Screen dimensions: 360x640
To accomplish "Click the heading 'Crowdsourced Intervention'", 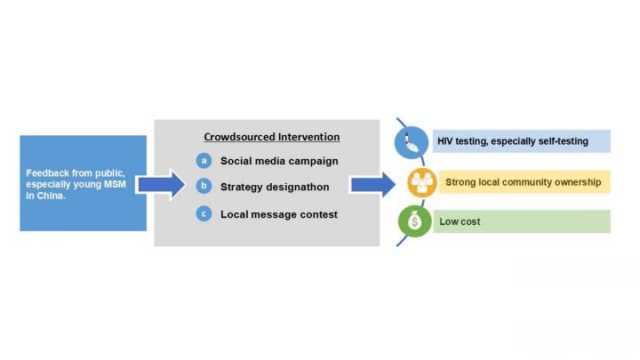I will tap(272, 137).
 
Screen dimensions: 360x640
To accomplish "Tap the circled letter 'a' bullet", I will tap(204, 161).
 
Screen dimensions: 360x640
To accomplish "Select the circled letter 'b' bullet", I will tap(204, 187).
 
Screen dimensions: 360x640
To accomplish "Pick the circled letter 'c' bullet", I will tap(204, 213).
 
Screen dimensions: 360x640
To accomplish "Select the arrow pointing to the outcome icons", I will tap(372, 184).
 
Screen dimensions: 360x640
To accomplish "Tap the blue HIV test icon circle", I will tap(411, 141).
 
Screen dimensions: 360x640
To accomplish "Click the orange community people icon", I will tap(420, 182).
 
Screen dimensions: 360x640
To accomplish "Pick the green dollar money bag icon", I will tap(414, 222).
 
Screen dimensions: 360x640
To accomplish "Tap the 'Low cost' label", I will tap(460, 222).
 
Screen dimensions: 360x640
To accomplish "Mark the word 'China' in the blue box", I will tap(49, 196).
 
